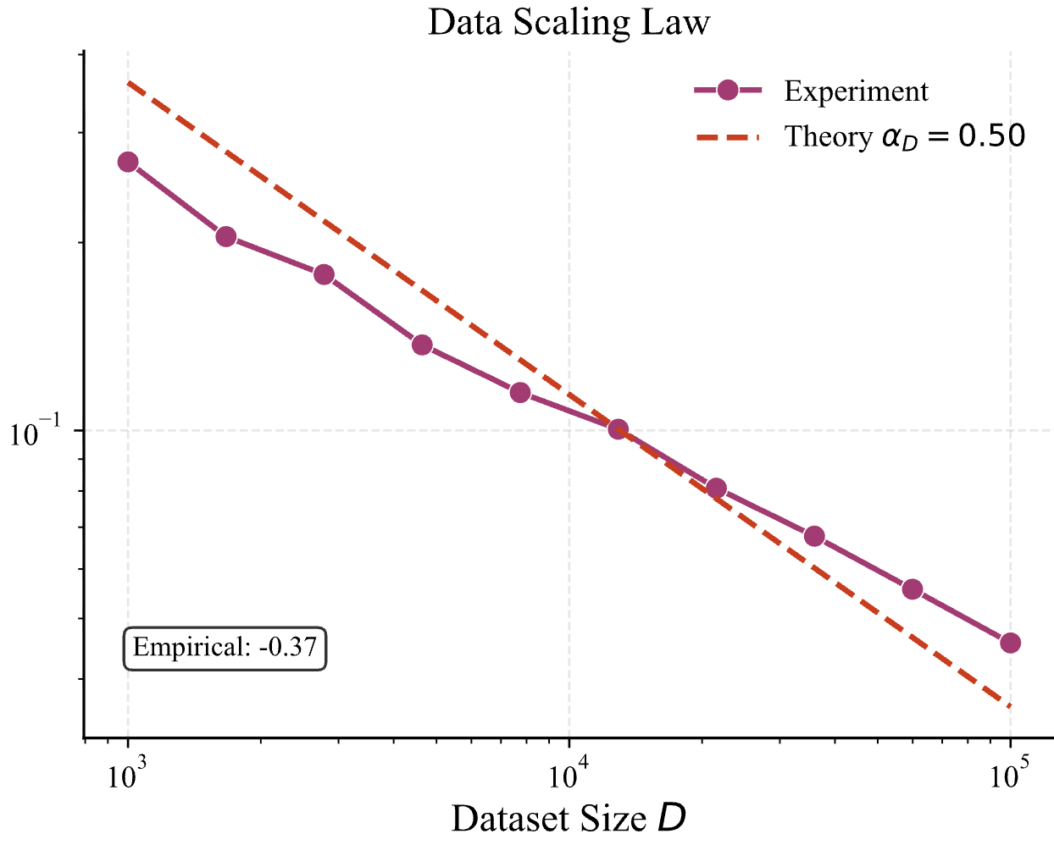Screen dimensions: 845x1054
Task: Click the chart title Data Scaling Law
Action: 569,22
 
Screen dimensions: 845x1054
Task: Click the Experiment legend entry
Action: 856,91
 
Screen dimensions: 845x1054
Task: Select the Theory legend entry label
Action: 905,136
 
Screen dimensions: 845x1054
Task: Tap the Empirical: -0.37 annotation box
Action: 225,648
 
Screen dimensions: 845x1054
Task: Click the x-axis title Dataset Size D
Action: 569,818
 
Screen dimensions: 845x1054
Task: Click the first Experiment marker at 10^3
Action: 128,162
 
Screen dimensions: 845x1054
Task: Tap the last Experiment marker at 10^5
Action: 1010,643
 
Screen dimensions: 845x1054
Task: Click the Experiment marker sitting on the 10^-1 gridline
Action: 619,429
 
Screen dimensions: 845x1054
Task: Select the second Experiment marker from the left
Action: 226,236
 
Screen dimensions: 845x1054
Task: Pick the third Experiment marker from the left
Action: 324,274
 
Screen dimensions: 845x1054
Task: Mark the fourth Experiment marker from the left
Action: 422,345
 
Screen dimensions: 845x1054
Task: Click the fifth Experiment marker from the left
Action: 520,392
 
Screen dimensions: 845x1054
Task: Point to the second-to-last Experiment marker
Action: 912,589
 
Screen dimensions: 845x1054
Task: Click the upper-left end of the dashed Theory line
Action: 128,82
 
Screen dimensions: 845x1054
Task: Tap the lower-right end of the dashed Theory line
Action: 1010,706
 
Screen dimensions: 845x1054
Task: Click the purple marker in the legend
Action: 728,91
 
